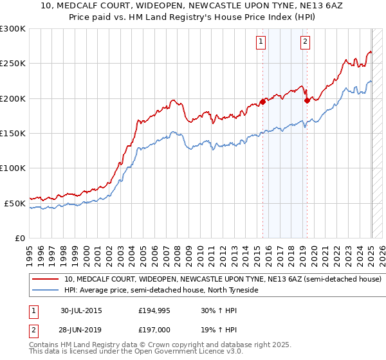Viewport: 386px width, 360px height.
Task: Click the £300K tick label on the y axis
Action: [13, 29]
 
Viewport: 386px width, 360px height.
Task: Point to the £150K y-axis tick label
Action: [13, 133]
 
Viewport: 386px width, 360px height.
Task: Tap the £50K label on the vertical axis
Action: [15, 203]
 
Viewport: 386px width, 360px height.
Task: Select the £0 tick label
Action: [21, 238]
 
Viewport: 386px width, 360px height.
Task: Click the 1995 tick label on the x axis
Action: [29, 251]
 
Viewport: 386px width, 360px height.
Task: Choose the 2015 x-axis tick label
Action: [257, 251]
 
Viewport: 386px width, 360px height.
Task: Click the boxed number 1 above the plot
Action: [261, 42]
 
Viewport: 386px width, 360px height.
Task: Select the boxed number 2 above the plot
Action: [305, 42]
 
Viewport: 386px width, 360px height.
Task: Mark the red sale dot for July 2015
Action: [263, 102]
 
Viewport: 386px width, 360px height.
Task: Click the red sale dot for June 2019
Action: [308, 100]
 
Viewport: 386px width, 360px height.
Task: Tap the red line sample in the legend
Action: [45, 280]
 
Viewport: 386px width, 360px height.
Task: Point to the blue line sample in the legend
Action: [45, 290]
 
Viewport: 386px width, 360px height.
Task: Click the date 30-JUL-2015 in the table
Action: [81, 310]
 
